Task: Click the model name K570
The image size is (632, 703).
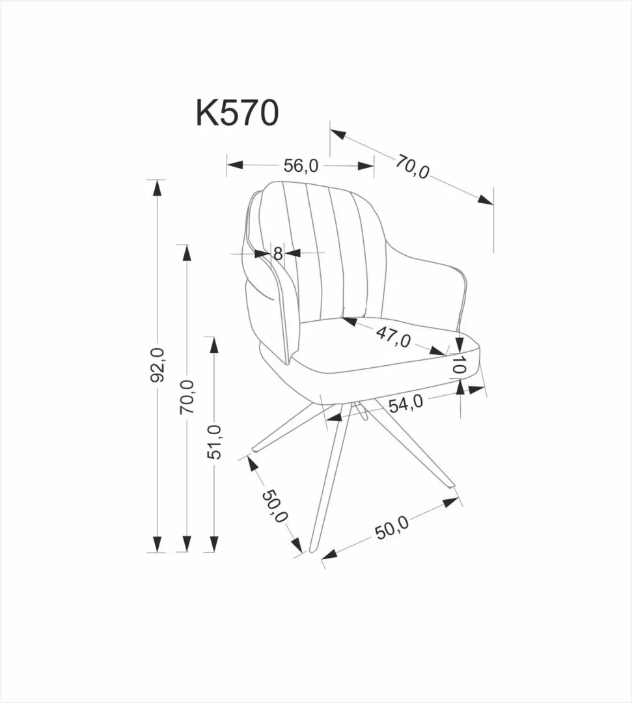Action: (238, 113)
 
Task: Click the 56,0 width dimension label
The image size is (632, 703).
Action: (301, 166)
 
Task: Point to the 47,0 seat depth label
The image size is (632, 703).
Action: (392, 337)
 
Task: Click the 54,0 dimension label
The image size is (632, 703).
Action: (405, 404)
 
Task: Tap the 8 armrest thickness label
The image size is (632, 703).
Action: (278, 253)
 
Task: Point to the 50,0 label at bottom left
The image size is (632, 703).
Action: (275, 506)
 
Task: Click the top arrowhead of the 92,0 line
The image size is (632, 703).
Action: (156, 188)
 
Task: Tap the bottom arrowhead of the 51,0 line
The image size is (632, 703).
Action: (214, 544)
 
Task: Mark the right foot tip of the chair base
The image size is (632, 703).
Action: (450, 485)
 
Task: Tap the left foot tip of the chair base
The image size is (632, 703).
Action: (255, 449)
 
